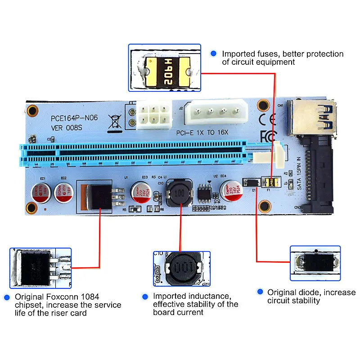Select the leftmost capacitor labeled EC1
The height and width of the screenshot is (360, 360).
point(40,193)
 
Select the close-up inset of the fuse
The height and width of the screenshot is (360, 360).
point(164,68)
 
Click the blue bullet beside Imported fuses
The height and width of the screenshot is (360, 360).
point(213,54)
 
